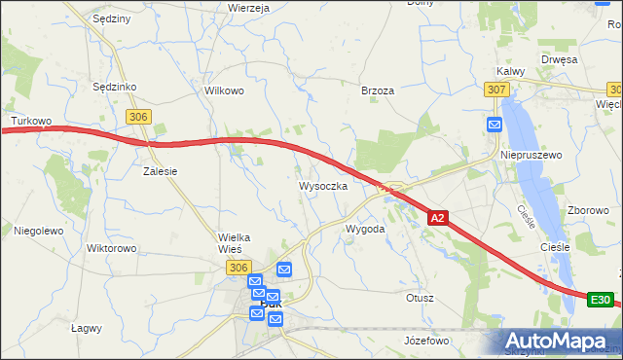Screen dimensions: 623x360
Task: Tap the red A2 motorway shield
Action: [438, 219]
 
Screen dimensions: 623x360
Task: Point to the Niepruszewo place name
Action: [526, 155]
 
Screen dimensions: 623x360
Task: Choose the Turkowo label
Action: [30, 122]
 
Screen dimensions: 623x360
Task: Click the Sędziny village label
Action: [110, 18]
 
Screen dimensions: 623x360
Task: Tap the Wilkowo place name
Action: [223, 90]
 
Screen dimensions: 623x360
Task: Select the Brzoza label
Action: [378, 90]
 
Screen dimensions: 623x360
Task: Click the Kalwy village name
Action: [510, 71]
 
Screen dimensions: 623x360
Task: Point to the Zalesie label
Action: [160, 170]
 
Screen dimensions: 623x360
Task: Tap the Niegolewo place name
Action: [39, 231]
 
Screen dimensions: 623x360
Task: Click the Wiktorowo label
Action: [111, 248]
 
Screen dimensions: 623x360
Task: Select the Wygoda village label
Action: [366, 229]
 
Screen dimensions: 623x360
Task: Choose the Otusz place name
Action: [421, 298]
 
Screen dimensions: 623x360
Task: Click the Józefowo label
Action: [426, 341]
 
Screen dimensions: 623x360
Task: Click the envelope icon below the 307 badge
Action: [495, 125]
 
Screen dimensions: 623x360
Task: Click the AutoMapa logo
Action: [559, 341]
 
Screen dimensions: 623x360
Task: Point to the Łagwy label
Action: [87, 328]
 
